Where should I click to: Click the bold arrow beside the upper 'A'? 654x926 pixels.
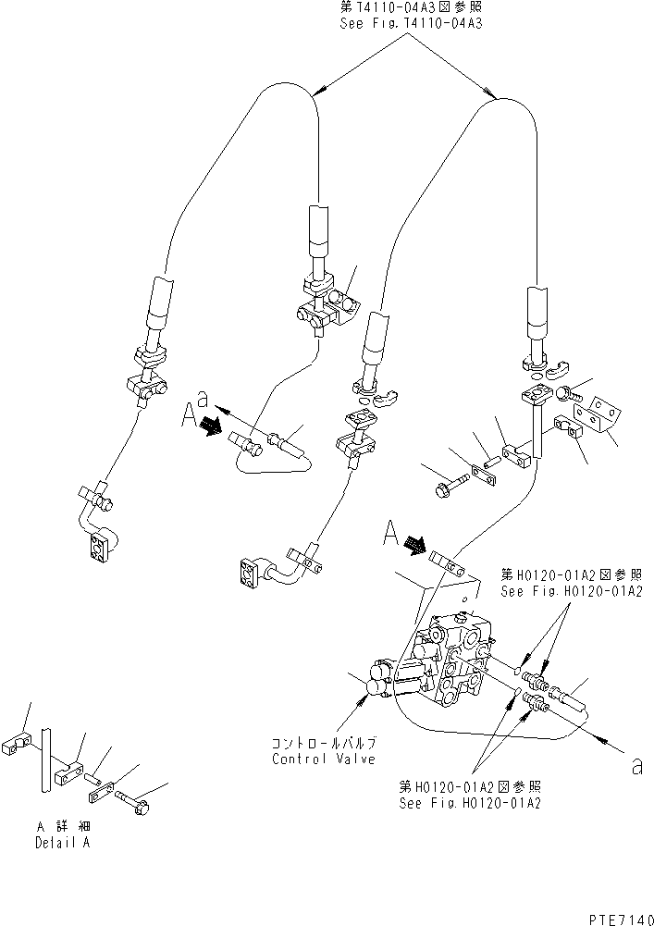coord(213,426)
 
